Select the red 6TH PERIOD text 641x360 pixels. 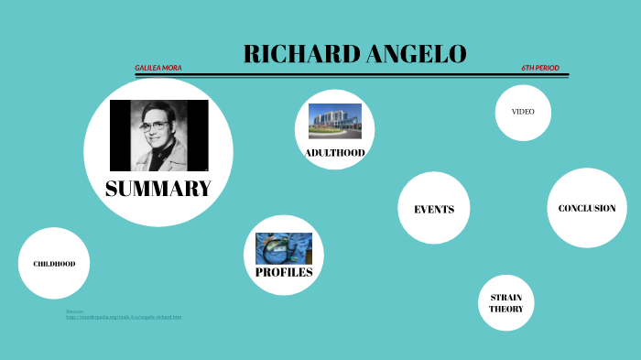click(x=540, y=68)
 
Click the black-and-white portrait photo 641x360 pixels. click(x=158, y=136)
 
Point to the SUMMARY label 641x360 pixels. click(x=158, y=189)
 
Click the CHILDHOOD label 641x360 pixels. click(x=54, y=264)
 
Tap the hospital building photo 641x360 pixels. click(x=334, y=121)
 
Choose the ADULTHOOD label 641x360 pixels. click(x=334, y=152)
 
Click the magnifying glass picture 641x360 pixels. click(x=283, y=248)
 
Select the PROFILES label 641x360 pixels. click(x=284, y=272)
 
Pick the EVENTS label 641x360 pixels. click(x=434, y=209)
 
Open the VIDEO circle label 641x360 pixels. click(x=523, y=112)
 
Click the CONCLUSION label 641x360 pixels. click(x=587, y=208)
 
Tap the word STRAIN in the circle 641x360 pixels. click(x=506, y=298)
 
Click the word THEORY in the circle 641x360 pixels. click(x=506, y=310)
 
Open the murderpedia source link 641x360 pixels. click(x=124, y=317)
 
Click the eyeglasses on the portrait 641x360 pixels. click(x=155, y=124)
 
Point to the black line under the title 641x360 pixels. click(x=352, y=75)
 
